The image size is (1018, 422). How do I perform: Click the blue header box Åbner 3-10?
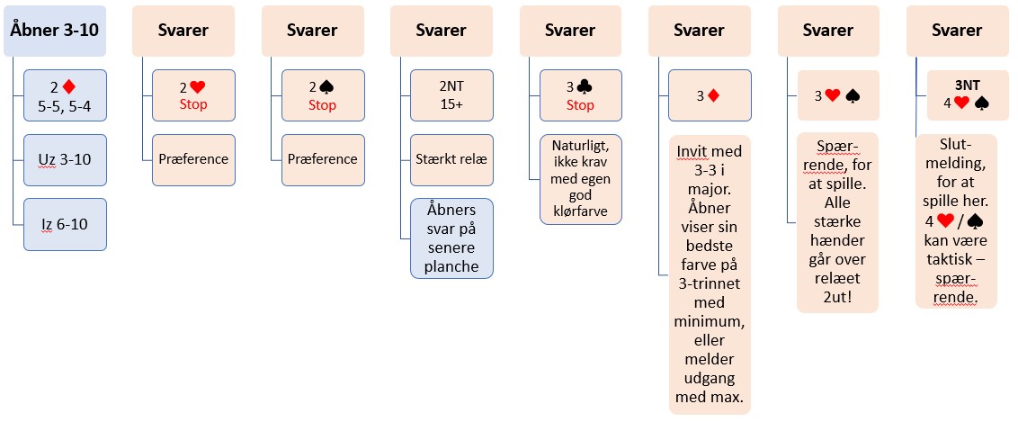[55, 30]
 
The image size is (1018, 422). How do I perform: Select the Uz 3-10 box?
[65, 159]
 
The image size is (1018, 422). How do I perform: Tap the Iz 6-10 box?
[65, 224]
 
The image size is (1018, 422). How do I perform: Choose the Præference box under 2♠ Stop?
[323, 159]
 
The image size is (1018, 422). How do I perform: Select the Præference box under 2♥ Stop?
[194, 159]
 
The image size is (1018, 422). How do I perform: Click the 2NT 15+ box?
[451, 95]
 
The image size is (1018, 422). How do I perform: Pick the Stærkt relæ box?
[451, 159]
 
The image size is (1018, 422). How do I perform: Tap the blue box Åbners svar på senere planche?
[451, 238]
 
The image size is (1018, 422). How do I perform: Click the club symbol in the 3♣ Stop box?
[587, 87]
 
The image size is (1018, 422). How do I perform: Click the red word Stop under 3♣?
[580, 105]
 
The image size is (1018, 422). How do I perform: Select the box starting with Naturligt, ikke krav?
[580, 180]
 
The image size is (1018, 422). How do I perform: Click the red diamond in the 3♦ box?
[712, 95]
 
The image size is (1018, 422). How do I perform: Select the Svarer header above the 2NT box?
[441, 30]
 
